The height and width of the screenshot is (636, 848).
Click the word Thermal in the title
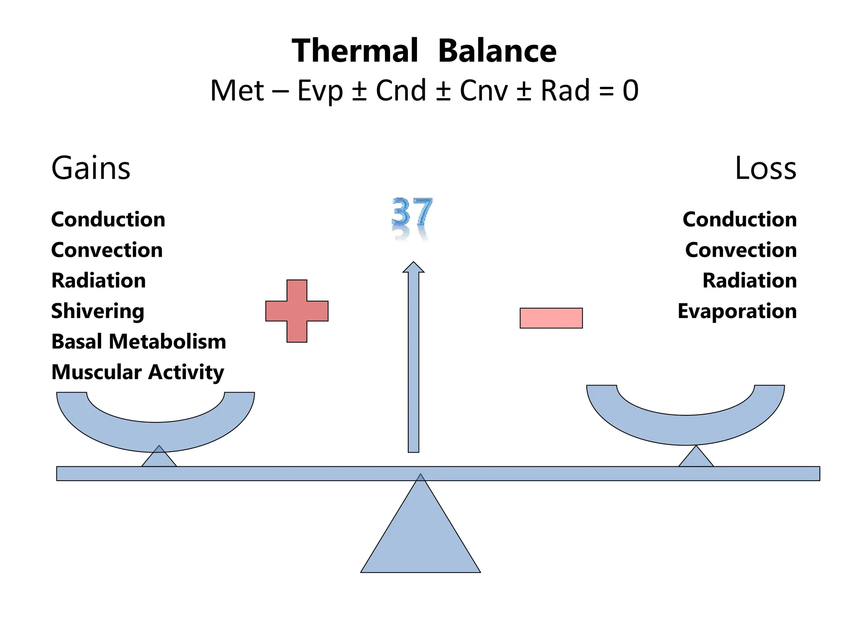point(355,51)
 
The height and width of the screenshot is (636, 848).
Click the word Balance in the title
point(497,51)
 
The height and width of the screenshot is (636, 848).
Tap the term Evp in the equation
point(320,91)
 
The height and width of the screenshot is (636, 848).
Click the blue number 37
point(412,212)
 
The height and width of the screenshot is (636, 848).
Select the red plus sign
point(297,311)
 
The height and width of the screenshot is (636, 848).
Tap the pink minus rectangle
point(551,318)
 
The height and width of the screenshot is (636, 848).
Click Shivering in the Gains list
point(98,311)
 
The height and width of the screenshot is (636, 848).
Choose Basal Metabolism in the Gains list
point(139,342)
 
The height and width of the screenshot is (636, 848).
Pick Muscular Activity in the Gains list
point(137,372)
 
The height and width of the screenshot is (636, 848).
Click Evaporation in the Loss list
point(737,311)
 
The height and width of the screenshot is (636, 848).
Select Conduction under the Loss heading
point(740,219)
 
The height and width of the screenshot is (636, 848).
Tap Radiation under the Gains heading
point(99,280)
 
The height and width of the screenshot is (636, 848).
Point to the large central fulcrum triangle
point(420,538)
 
